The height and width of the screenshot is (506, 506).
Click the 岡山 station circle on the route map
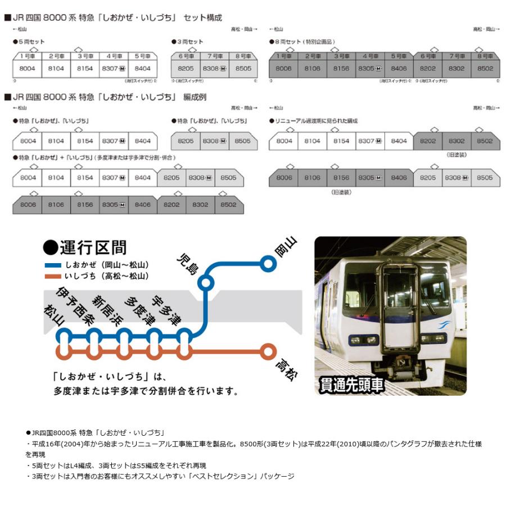point(268,262)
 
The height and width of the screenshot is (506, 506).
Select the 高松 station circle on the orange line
point(269,353)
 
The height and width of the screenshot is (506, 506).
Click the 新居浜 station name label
point(107,311)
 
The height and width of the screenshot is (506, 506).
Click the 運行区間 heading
point(84,247)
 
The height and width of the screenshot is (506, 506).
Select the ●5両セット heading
point(29,42)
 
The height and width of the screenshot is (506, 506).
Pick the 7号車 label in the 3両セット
point(215,56)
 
